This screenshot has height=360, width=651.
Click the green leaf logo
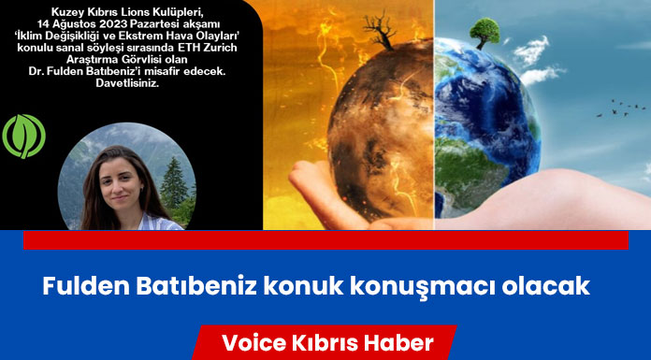coord(23,137)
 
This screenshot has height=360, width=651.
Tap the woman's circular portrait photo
coord(126,176)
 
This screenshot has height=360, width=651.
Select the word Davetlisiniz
coord(127,82)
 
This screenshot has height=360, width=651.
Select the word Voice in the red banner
coord(254,343)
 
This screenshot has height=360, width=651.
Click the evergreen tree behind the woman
coord(173,183)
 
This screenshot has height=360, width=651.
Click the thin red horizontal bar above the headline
coord(325,240)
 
